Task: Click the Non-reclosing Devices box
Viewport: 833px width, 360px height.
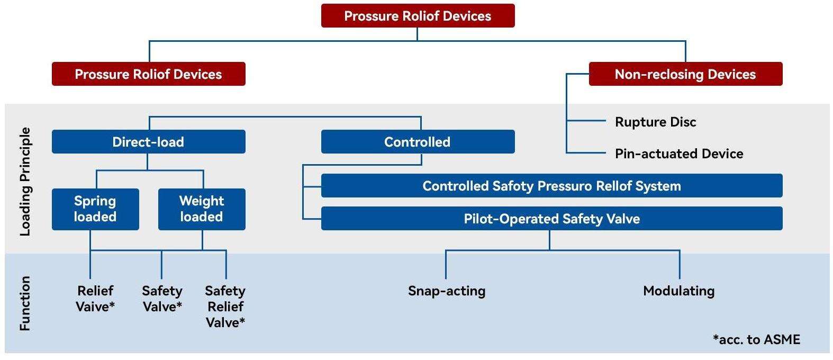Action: (x=685, y=74)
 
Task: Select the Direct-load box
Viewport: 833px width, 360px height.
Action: (x=148, y=142)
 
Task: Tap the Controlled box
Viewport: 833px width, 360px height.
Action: (x=418, y=142)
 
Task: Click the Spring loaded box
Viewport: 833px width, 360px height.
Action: (x=95, y=209)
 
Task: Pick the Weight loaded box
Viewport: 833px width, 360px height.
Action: (x=202, y=209)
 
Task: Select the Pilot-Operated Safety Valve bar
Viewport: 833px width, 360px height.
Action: (x=551, y=219)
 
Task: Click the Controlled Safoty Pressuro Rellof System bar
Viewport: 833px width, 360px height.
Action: (x=551, y=186)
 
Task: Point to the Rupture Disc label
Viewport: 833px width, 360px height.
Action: (x=655, y=122)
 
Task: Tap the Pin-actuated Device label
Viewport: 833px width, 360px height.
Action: (x=679, y=154)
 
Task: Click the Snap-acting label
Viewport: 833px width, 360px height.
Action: (x=447, y=291)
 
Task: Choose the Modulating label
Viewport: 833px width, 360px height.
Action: (x=679, y=291)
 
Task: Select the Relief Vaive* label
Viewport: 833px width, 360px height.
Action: (x=95, y=299)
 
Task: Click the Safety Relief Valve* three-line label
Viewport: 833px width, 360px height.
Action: (x=225, y=307)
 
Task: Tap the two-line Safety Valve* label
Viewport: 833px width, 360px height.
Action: (x=162, y=299)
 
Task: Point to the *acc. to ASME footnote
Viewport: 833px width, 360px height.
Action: (x=756, y=339)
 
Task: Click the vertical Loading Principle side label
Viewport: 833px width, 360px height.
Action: (x=25, y=182)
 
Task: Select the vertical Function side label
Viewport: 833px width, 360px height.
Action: (x=25, y=303)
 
